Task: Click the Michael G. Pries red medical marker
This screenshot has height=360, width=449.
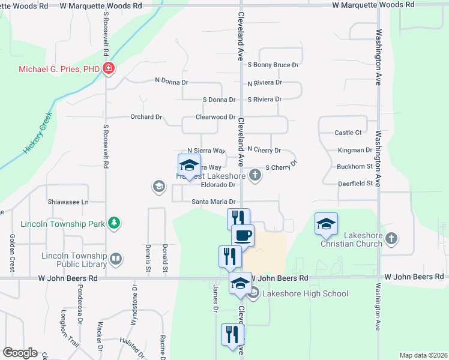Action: click(109, 69)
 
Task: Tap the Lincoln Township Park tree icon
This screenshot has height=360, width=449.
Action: click(114, 224)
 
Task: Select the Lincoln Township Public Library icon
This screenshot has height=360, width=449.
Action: click(116, 259)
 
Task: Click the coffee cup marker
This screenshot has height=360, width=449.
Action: click(243, 236)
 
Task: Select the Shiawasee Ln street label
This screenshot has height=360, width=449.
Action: click(68, 202)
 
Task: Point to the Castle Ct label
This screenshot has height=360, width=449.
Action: click(348, 133)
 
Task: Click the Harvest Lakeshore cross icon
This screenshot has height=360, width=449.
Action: click(255, 176)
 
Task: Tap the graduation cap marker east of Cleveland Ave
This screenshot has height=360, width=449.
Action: click(326, 224)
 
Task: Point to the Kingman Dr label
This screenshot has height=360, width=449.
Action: click(355, 150)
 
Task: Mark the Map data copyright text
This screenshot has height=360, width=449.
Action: click(423, 355)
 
